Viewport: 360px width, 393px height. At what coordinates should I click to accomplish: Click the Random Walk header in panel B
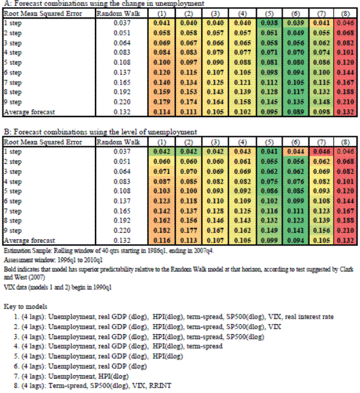[115, 142]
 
